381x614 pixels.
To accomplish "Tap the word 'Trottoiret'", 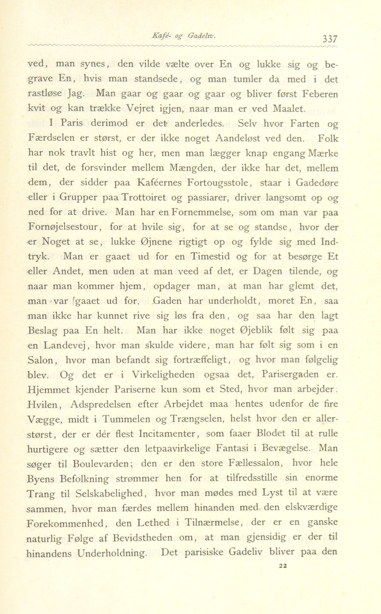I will [144, 198].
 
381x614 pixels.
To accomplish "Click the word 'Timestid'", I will [210, 257].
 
